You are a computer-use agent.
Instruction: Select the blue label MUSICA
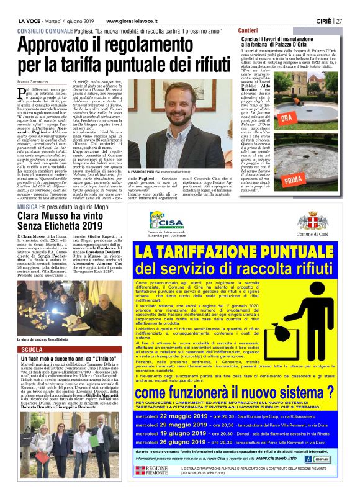(27, 205)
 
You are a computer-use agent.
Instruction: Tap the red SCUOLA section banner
(32, 349)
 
